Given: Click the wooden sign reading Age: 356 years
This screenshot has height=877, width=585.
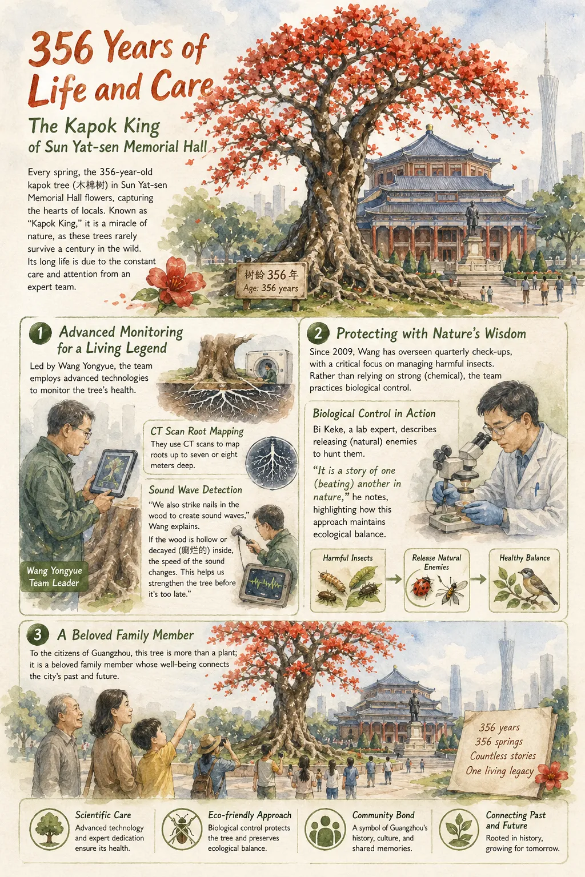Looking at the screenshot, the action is [271, 281].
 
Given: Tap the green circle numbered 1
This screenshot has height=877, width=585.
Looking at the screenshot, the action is [40, 333].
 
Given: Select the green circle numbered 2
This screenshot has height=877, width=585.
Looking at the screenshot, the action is [318, 333].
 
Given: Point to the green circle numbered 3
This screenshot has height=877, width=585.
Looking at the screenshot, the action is [38, 634].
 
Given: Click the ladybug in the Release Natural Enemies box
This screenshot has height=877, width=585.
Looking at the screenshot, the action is [423, 586].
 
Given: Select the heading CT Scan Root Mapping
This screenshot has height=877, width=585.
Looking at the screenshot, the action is [197, 431].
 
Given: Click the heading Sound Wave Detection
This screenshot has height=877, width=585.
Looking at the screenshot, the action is [195, 490].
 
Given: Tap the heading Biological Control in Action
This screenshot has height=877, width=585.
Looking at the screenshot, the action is [374, 413].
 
